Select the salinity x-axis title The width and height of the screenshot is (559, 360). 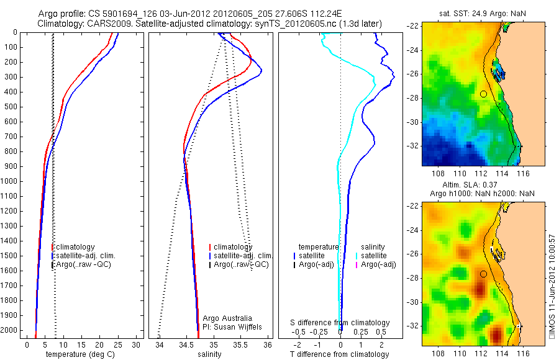point(209,354)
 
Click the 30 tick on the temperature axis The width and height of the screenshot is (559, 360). point(136,344)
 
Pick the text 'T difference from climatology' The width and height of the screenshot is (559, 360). point(340,354)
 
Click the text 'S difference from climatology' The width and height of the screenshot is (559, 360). point(340,323)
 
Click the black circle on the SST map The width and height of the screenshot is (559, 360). point(483,94)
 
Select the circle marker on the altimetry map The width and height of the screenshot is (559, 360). point(483,274)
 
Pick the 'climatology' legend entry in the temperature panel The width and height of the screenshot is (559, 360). point(75,247)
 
